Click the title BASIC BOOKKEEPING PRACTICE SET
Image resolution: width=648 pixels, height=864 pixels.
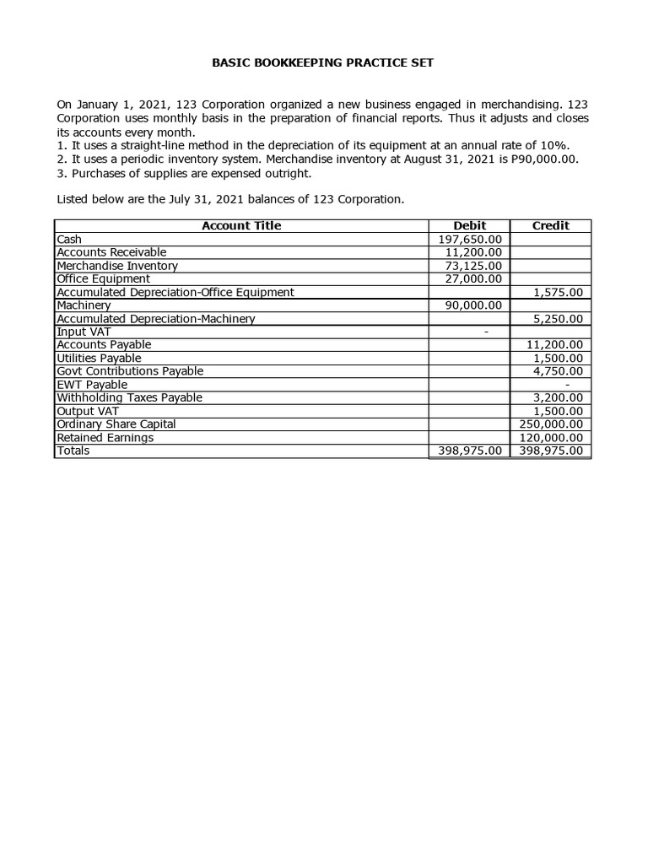323,63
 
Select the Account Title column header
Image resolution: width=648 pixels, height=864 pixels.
241,225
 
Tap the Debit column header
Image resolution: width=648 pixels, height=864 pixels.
470,225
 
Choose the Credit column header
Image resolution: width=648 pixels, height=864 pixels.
551,225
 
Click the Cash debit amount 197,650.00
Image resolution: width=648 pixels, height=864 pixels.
471,240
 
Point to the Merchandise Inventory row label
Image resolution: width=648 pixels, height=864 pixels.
117,266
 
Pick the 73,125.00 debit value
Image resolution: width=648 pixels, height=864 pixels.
474,266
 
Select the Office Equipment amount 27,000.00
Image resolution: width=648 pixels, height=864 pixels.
474,278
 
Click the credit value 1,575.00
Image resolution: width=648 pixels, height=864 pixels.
559,292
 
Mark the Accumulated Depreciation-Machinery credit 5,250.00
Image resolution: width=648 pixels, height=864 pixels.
559,319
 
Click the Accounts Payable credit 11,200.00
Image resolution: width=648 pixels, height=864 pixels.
554,345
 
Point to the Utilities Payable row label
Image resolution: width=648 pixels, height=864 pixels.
99,359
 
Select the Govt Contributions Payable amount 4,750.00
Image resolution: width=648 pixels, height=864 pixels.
559,371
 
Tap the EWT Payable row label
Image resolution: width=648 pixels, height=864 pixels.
92,385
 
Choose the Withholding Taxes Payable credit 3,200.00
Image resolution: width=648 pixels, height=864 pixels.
559,397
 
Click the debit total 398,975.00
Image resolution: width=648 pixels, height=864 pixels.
470,451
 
